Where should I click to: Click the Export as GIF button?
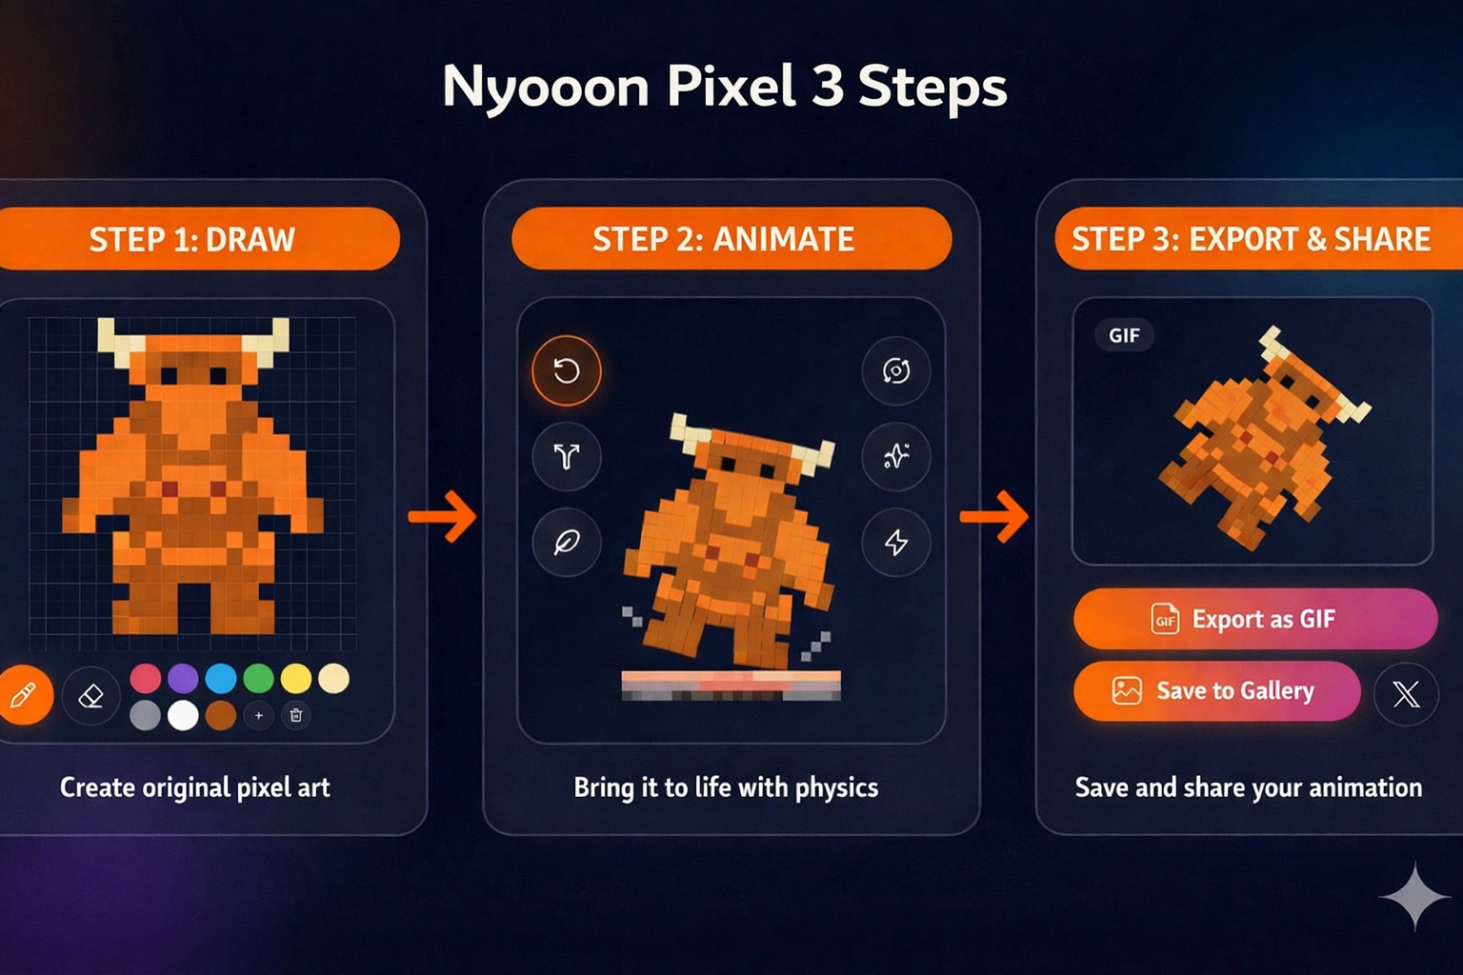(1254, 619)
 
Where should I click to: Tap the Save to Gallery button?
(1216, 690)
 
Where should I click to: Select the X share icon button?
(1406, 694)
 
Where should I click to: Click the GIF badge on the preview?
(1124, 335)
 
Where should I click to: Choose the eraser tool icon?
(90, 696)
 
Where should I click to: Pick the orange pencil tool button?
(23, 696)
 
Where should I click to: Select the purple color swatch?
(183, 678)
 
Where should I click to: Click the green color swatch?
(258, 678)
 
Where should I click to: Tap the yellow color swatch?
(296, 678)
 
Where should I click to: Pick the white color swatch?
(183, 715)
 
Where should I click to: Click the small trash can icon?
(296, 715)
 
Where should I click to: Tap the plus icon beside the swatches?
(258, 715)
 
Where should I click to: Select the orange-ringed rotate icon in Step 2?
(567, 370)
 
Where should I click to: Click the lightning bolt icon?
(895, 543)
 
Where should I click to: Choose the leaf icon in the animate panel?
(567, 543)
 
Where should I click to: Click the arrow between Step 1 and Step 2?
(443, 516)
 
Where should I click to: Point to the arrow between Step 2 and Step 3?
(994, 516)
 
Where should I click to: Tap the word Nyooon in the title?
(545, 88)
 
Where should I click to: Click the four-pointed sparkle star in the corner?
(1415, 896)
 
